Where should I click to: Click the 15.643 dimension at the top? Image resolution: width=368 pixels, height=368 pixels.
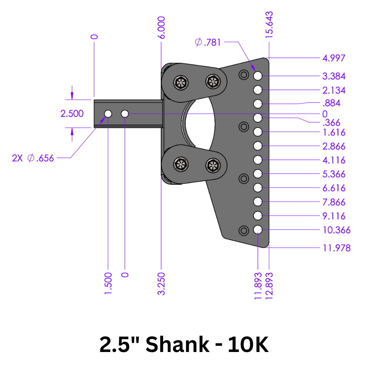click(x=269, y=25)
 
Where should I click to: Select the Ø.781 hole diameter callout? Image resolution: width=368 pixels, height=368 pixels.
click(x=208, y=42)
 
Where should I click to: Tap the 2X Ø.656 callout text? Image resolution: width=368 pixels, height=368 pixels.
click(x=33, y=158)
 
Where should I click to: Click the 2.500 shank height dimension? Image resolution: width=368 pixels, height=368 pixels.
click(x=72, y=113)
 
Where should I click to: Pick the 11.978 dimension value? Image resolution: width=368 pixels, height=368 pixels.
click(x=336, y=248)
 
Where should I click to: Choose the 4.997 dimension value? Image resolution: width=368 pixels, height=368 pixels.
click(x=334, y=58)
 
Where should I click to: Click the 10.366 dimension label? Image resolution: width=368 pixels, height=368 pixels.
click(x=336, y=230)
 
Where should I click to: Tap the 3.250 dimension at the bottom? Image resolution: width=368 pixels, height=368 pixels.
click(x=162, y=283)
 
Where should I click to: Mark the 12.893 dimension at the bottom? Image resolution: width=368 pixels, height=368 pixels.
click(x=270, y=286)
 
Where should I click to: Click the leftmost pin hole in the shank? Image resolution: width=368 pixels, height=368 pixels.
click(x=108, y=113)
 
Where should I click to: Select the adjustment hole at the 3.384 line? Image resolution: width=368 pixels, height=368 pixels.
click(x=258, y=76)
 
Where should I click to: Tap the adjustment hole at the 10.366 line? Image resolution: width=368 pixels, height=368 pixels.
click(x=258, y=230)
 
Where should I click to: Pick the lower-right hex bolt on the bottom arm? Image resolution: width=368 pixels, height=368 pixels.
click(x=213, y=165)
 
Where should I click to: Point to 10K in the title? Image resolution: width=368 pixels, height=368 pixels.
click(x=248, y=344)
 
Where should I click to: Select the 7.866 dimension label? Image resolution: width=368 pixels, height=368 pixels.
click(x=334, y=202)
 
